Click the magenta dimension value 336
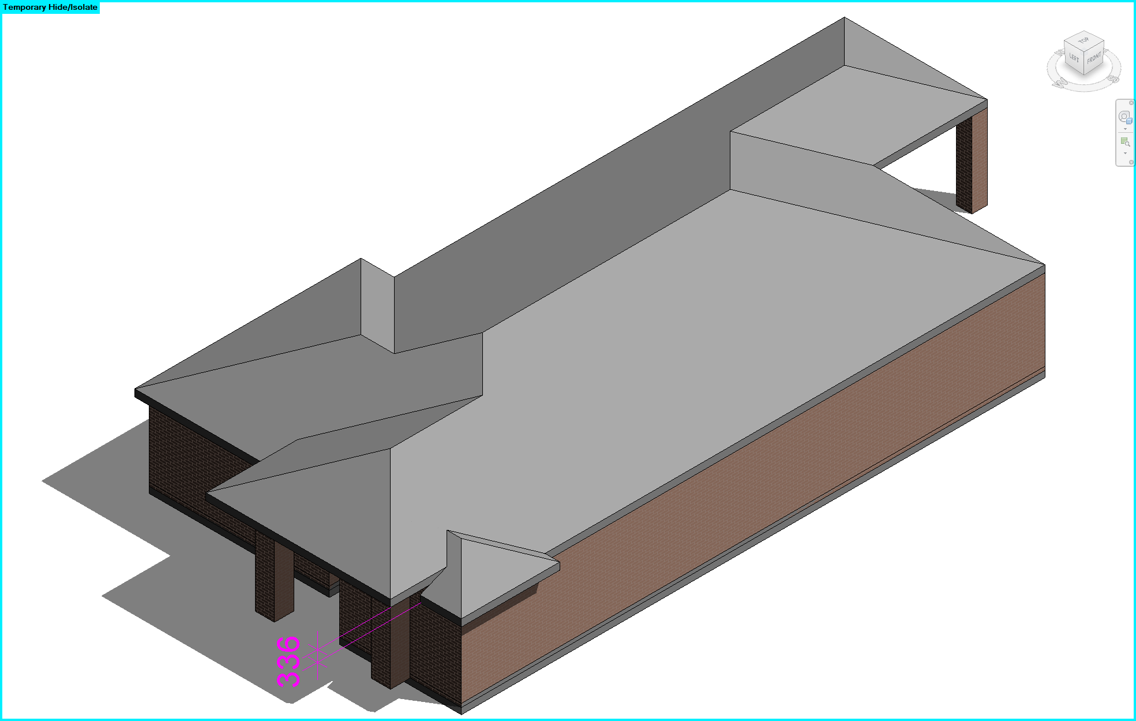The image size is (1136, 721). point(288,662)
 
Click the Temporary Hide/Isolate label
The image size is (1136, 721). point(50,8)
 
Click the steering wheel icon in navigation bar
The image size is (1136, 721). point(1124,117)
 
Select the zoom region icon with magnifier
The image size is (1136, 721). point(1124,141)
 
